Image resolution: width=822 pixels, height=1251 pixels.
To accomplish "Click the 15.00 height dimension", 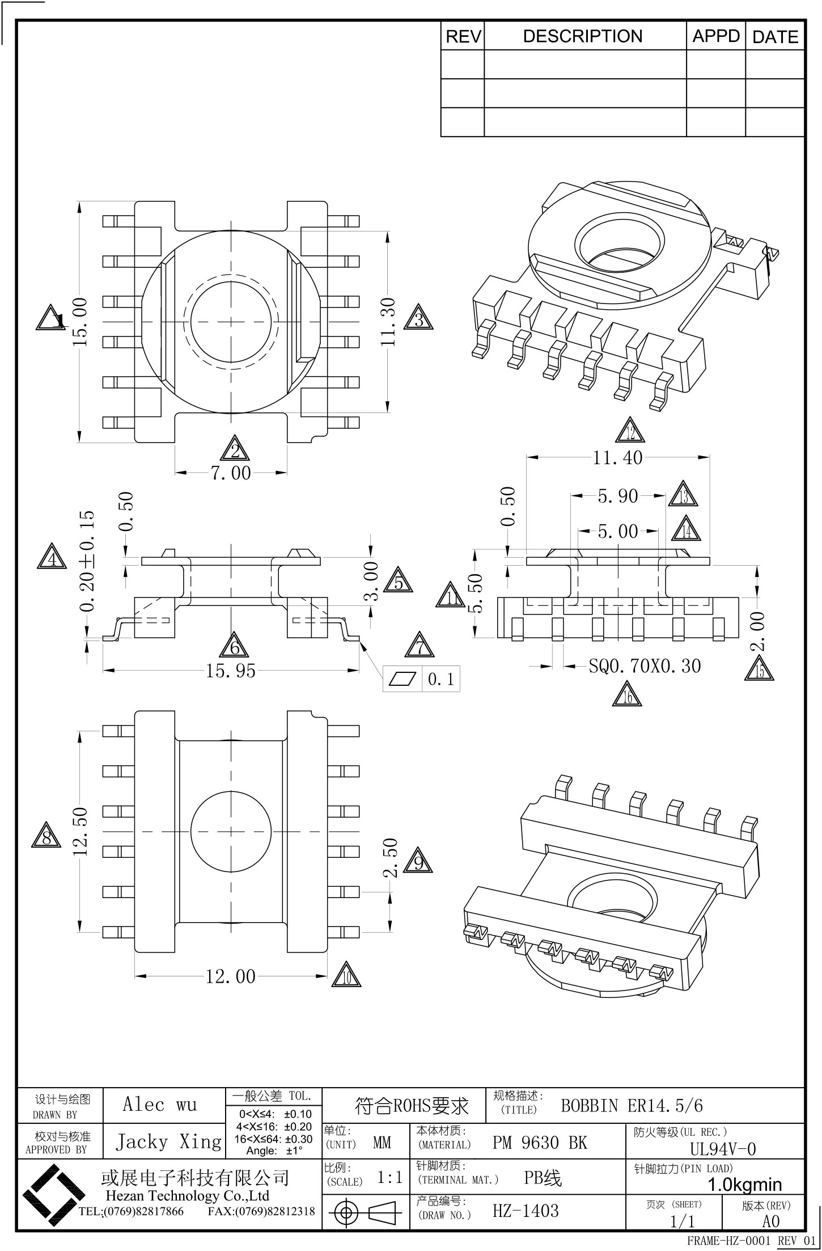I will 80,322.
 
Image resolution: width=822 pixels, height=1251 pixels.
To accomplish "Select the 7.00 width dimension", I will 231,473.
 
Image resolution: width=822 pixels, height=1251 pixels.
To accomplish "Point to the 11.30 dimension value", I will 388,322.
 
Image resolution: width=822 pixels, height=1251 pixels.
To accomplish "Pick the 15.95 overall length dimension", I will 231,671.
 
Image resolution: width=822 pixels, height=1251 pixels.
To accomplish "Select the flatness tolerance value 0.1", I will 440,679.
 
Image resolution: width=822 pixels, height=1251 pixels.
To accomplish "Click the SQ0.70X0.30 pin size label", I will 645,665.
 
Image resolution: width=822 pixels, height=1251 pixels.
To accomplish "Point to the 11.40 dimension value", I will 618,457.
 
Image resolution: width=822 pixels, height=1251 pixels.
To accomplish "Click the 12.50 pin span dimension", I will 80,831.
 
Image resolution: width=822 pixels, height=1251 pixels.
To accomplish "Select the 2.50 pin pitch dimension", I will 390,858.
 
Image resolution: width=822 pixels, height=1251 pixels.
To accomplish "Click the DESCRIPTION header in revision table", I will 583,36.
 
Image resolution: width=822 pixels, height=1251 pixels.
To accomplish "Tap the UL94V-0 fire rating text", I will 723,1149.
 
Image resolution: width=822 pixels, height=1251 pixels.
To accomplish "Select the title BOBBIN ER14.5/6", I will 632,1106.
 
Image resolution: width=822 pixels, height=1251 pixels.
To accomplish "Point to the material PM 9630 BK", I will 540,1143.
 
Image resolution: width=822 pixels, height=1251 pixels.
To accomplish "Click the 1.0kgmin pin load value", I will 745,1185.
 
